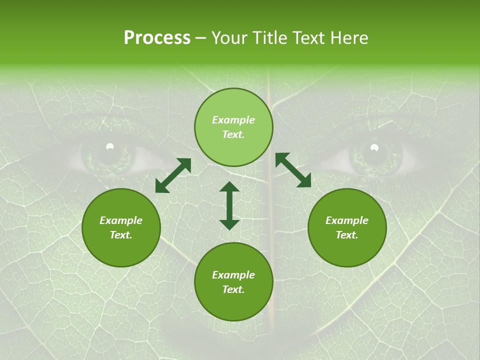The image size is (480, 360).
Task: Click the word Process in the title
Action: (x=157, y=38)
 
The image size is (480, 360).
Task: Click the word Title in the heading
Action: (x=270, y=38)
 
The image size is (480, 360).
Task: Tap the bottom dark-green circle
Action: (x=233, y=305)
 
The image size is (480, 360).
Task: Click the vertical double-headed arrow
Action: (x=229, y=205)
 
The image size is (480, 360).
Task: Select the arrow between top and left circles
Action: (x=173, y=175)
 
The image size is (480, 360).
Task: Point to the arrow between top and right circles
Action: (x=293, y=170)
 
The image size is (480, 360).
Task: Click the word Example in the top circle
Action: (x=233, y=120)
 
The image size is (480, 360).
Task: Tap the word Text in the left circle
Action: (x=121, y=235)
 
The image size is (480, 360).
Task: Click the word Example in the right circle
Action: (x=347, y=220)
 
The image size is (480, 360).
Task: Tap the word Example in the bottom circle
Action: (x=233, y=275)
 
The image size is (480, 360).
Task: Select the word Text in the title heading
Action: (x=308, y=38)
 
